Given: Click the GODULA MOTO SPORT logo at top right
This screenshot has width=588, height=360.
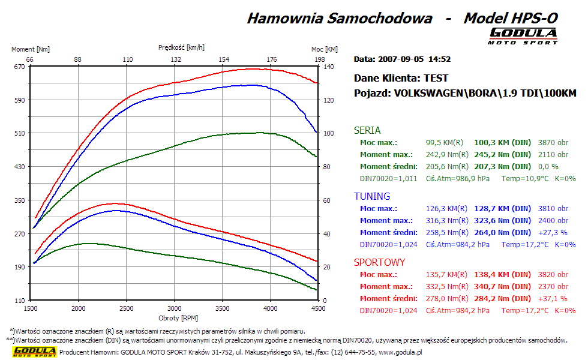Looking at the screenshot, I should pos(523,35).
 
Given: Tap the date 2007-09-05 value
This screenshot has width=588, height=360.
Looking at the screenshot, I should pos(401,59).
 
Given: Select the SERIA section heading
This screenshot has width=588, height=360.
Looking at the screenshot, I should pos(367,130).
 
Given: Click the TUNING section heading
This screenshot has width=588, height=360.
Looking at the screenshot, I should pos(371,196).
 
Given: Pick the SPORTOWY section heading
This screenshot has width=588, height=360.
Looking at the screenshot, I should pos(379,262).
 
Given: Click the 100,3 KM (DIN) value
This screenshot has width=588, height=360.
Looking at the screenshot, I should pos(502,142).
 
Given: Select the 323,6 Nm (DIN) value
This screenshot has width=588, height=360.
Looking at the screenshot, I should pos(502,220).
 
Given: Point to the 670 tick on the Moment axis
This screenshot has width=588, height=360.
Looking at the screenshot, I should pos(19,67).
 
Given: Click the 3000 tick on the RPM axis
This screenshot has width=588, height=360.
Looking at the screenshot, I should pos(174,308).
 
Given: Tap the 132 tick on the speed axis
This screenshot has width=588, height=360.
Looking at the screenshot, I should pos(176,59).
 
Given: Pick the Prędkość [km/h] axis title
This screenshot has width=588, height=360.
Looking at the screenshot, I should pos(181,47).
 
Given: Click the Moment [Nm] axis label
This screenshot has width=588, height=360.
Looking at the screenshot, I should pos(31,49).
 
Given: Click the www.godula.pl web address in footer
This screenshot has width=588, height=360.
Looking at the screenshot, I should pos(400,352).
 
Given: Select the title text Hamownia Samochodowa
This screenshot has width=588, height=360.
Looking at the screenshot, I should pos(340,18).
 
